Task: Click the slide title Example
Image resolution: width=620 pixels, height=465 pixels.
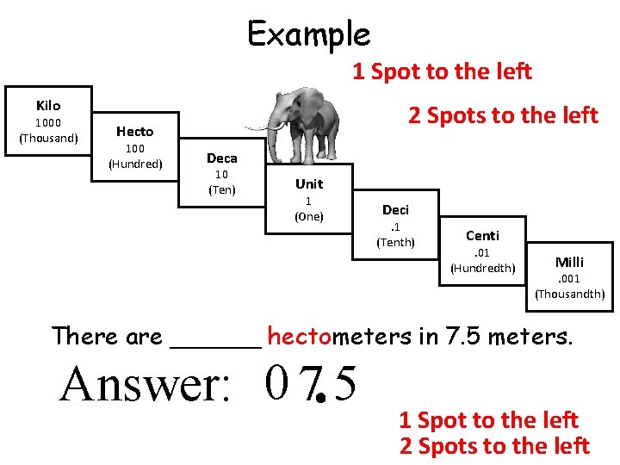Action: click(308, 34)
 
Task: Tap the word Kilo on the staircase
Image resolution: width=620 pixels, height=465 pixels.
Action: click(48, 105)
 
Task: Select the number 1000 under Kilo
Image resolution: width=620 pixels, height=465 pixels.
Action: click(48, 121)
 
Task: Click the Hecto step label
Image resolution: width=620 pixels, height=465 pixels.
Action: click(135, 131)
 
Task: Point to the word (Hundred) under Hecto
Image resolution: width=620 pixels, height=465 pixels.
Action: click(135, 164)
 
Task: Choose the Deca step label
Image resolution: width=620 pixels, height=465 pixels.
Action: click(222, 158)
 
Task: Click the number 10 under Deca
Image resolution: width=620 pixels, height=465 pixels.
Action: click(222, 174)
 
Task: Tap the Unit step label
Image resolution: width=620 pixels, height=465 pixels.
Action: click(309, 183)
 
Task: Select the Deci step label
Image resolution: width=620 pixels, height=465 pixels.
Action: click(396, 209)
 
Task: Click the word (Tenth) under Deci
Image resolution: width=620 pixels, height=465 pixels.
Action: click(396, 242)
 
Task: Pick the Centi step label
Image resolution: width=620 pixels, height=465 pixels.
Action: click(482, 235)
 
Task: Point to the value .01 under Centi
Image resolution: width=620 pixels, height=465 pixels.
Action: click(482, 252)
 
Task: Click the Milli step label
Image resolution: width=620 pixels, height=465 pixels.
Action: click(569, 262)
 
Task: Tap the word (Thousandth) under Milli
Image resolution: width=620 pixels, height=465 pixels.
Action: click(570, 294)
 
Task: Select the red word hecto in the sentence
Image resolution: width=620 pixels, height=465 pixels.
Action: click(299, 336)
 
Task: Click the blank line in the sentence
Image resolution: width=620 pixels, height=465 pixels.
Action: click(216, 342)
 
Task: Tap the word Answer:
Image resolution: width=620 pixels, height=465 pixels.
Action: click(145, 385)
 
